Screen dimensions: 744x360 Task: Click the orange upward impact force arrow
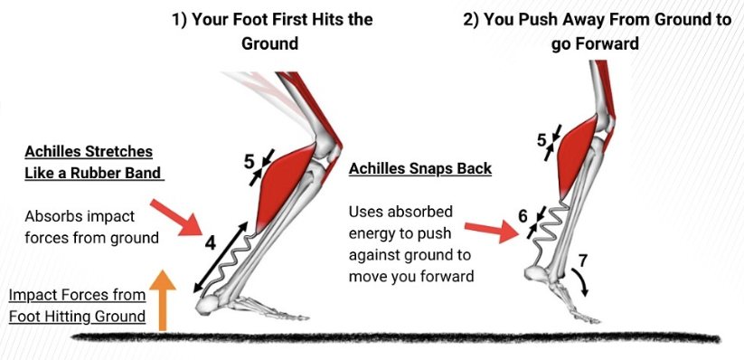pyautogui.click(x=163, y=300)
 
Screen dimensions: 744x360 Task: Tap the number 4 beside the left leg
pyautogui.click(x=211, y=242)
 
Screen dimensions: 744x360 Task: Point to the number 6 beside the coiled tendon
pyautogui.click(x=523, y=216)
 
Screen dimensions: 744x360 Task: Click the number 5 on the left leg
pyautogui.click(x=250, y=163)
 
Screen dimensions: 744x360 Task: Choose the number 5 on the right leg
pyautogui.click(x=542, y=139)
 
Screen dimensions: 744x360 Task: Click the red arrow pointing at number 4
pyautogui.click(x=176, y=218)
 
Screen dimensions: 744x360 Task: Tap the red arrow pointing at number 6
pyautogui.click(x=491, y=232)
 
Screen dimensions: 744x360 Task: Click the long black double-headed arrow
pyautogui.click(x=221, y=258)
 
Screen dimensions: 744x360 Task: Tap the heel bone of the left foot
pyautogui.click(x=210, y=305)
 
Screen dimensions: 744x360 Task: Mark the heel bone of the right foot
pyautogui.click(x=539, y=273)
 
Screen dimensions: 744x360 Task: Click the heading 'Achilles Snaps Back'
pyautogui.click(x=420, y=168)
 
